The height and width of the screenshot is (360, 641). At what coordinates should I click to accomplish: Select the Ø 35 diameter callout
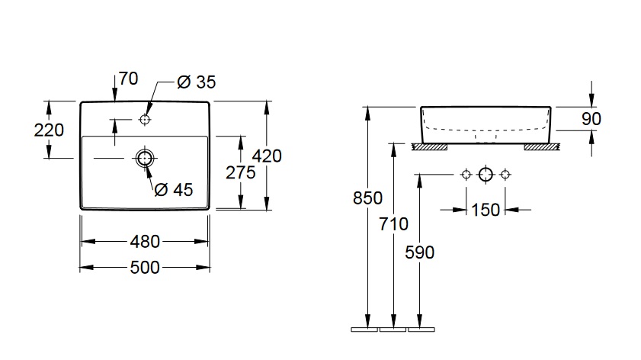tap(196, 83)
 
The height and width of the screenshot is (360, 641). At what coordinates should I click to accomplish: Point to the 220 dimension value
tap(49, 130)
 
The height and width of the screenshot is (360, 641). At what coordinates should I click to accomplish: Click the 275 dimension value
tap(241, 172)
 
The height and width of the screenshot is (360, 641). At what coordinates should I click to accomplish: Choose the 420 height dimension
tap(267, 156)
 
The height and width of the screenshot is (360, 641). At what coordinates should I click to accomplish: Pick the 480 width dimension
tap(145, 242)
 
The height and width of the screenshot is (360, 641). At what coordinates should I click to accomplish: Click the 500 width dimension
tap(145, 267)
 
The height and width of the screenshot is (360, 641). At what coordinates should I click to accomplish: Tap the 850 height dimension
tap(367, 198)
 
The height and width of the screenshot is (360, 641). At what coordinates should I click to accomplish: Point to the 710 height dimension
tap(393, 224)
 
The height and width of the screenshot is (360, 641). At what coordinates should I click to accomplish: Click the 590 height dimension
tap(419, 252)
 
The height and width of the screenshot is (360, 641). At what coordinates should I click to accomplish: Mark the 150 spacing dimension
tap(486, 208)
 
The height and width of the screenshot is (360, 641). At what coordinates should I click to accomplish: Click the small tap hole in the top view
tap(145, 120)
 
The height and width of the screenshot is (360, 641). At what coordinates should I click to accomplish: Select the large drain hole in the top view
tap(145, 158)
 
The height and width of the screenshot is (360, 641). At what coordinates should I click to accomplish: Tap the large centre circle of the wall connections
tap(486, 175)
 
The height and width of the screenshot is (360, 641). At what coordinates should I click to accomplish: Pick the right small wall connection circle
tap(505, 175)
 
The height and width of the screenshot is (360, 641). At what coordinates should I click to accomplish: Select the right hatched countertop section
tap(542, 145)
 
